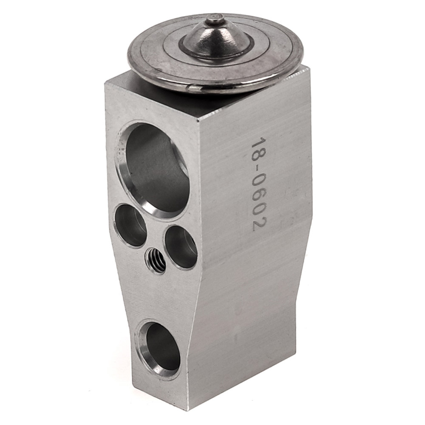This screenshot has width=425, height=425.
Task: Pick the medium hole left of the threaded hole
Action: coord(130,226)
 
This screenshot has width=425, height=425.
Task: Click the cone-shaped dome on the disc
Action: coord(216,37)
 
